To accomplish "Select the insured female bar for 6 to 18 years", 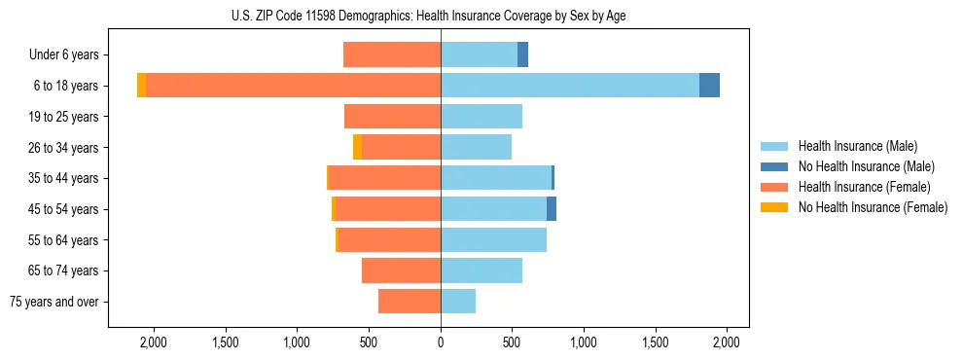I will coord(292,86).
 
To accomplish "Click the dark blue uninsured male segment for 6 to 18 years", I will coord(709,86).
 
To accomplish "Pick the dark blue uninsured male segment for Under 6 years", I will coord(522,54).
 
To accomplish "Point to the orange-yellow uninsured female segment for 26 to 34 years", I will coord(357,147).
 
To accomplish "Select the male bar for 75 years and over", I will coord(458,302).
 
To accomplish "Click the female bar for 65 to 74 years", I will coord(401,270).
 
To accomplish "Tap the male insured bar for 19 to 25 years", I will coord(481,117).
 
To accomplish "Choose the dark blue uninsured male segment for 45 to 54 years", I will coord(552,209).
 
